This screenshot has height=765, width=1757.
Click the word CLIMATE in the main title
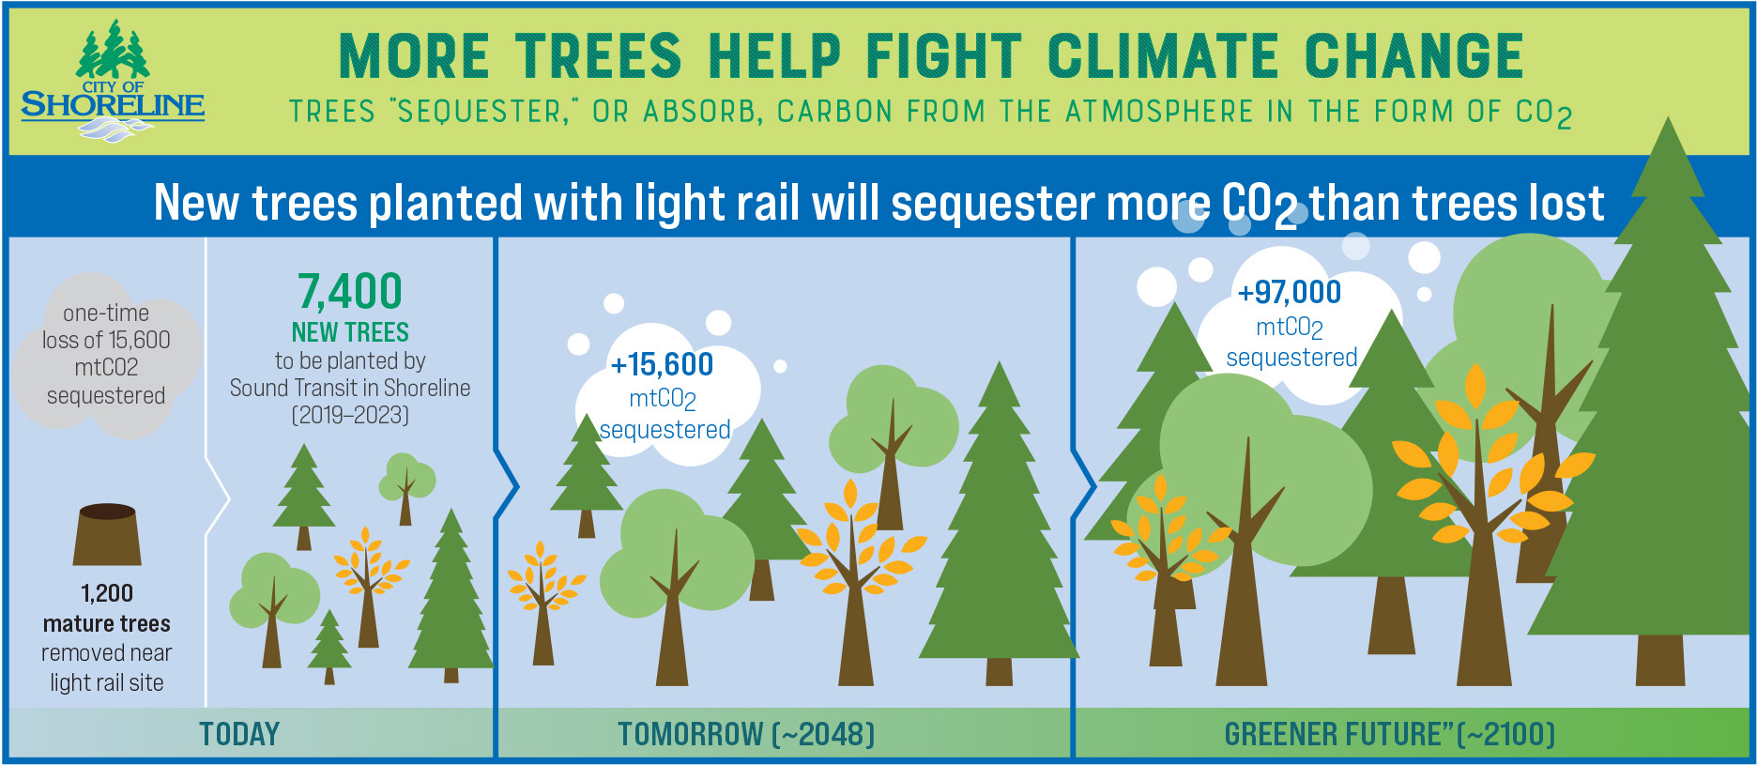pyautogui.click(x=1163, y=55)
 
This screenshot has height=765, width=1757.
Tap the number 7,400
pyautogui.click(x=350, y=291)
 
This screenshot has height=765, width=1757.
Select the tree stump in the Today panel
pyautogui.click(x=107, y=534)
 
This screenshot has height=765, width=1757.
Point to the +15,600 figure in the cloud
pyautogui.click(x=662, y=364)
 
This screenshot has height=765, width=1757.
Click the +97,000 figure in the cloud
pyautogui.click(x=1290, y=292)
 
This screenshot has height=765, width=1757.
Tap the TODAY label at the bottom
pyautogui.click(x=239, y=733)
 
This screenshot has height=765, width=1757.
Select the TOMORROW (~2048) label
pyautogui.click(x=746, y=733)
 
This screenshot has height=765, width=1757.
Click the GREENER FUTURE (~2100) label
pyautogui.click(x=1389, y=733)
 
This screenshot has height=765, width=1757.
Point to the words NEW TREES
pyautogui.click(x=350, y=332)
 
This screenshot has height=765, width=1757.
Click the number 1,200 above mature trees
pyautogui.click(x=107, y=593)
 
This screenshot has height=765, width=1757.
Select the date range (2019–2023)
pyautogui.click(x=350, y=415)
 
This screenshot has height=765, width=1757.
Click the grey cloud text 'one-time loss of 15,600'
pyautogui.click(x=106, y=326)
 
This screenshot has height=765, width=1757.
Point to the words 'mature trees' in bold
pyautogui.click(x=107, y=623)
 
